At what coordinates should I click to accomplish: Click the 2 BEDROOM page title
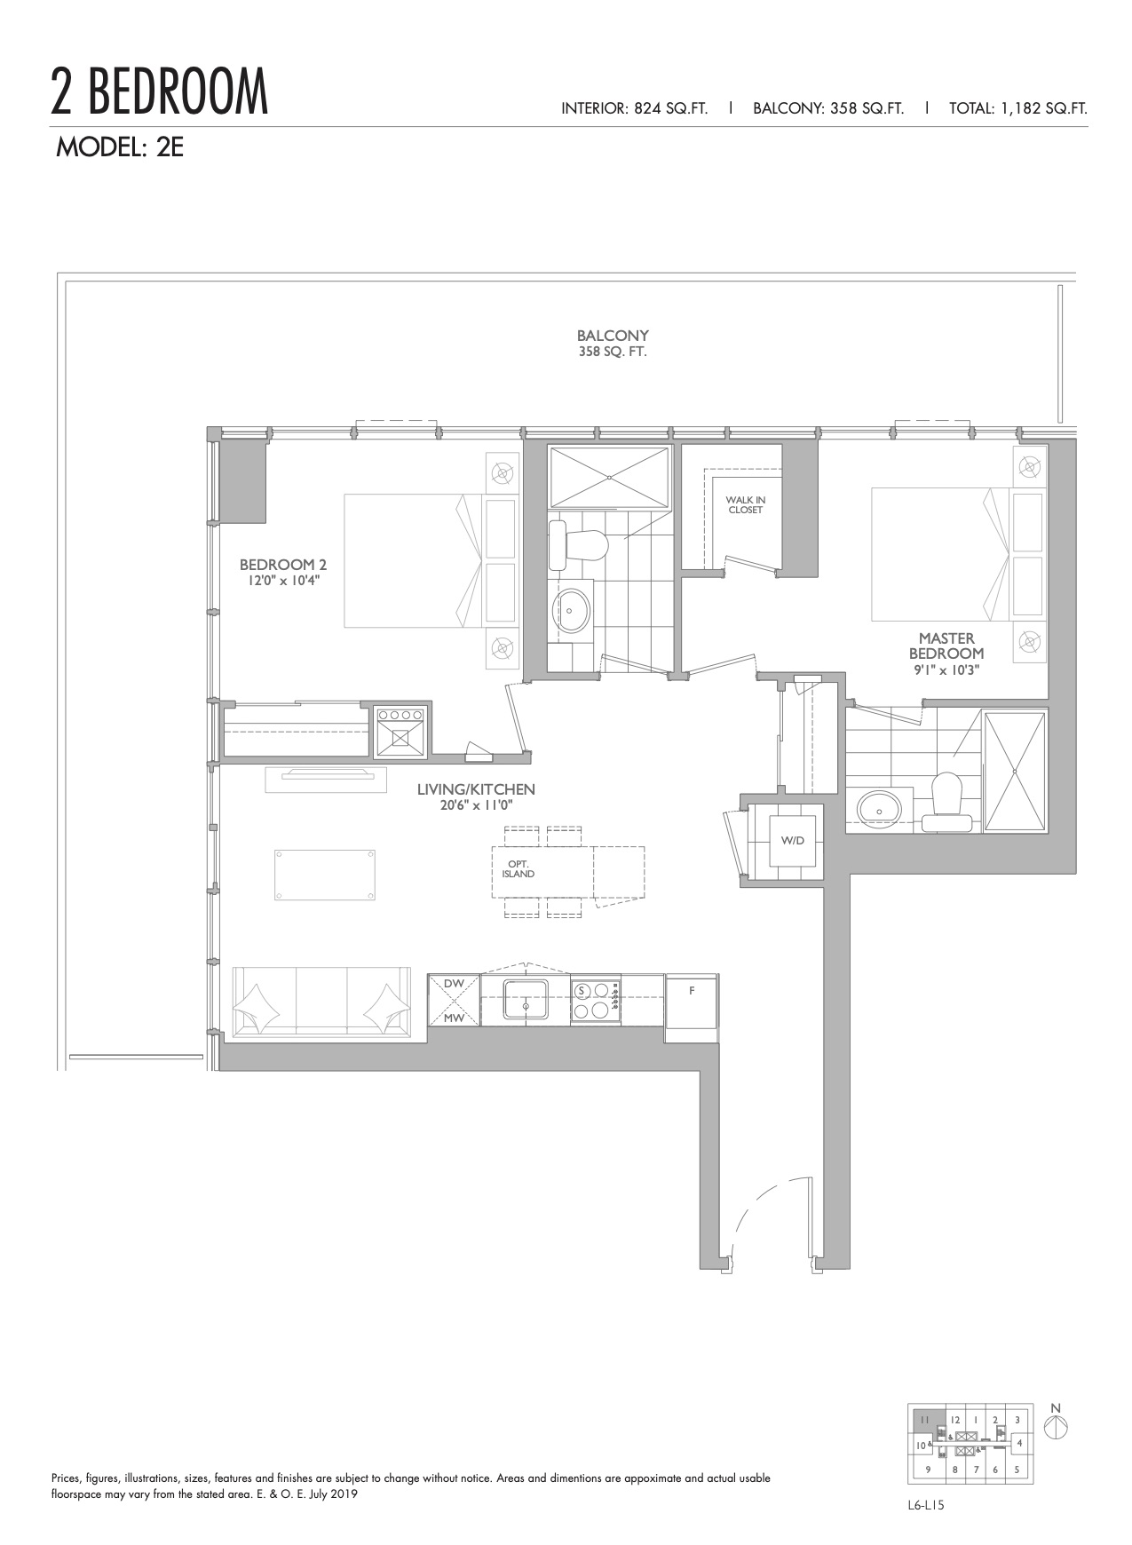coord(160,91)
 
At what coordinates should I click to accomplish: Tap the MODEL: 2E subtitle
coord(120,147)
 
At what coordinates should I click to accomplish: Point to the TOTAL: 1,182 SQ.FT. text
coord(1018,108)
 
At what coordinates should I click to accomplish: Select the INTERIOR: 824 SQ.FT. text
coord(635,108)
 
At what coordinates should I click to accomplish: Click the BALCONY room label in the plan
coord(613,336)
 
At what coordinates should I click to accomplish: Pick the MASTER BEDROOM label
coord(946,646)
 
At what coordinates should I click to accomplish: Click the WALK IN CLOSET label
coord(746,504)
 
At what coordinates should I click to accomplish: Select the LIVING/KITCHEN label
coord(477,789)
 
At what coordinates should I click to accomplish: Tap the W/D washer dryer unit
coord(792,840)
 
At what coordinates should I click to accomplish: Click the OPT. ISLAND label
coord(518,869)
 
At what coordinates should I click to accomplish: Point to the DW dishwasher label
coord(454,983)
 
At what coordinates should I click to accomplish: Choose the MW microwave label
coord(454,1018)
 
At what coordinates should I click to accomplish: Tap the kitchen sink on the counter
coord(526,1000)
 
